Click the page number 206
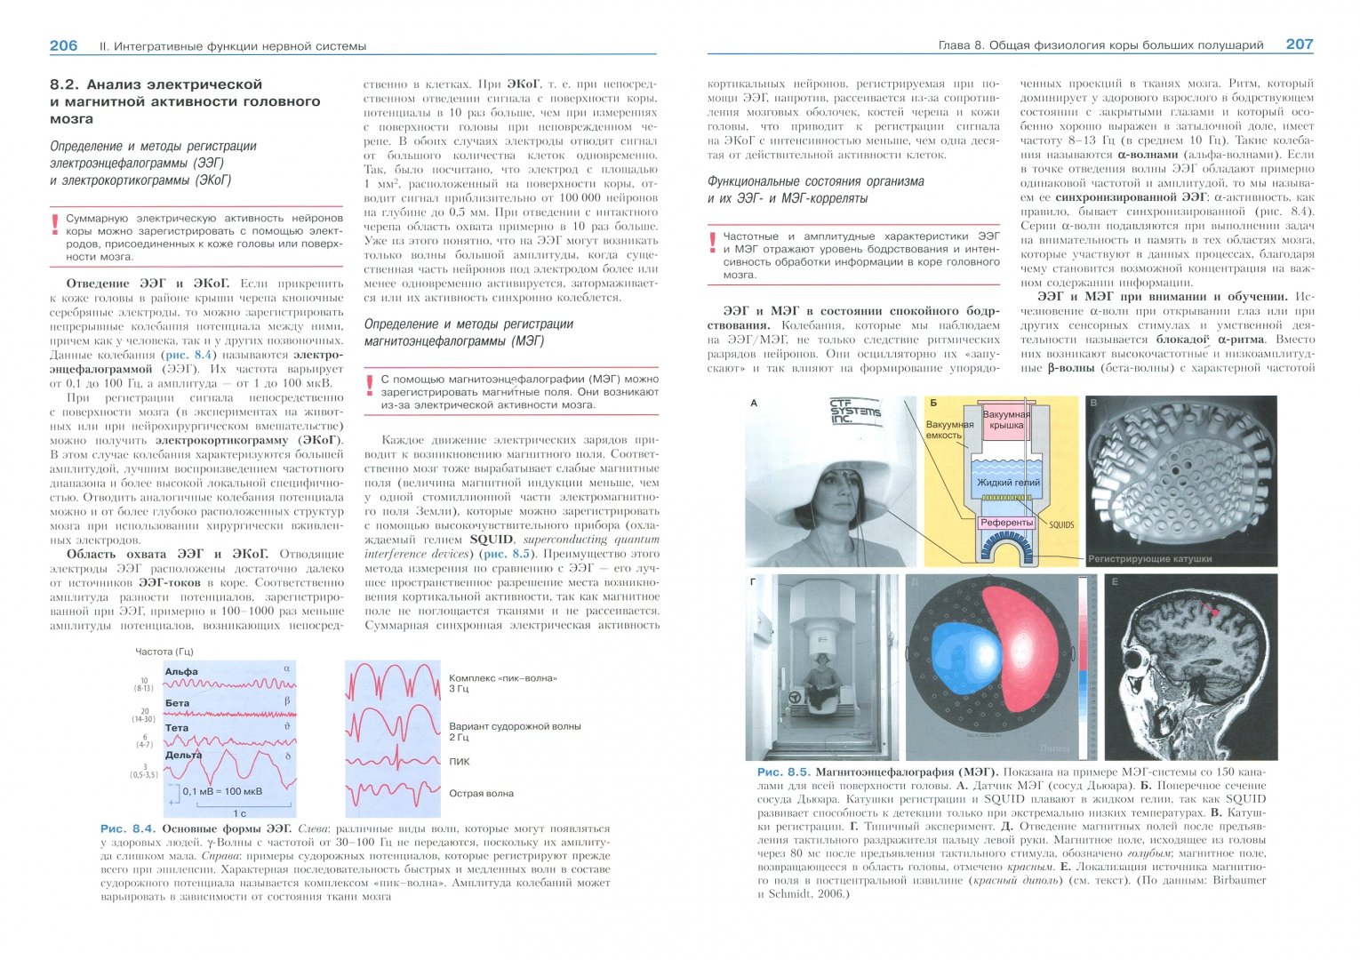tap(63, 45)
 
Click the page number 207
tap(1299, 44)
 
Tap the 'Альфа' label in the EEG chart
tap(181, 672)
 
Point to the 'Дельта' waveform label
tap(183, 755)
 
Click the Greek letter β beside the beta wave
tap(286, 700)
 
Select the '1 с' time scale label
tap(239, 812)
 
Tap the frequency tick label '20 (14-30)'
tap(144, 716)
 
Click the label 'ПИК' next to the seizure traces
tap(460, 762)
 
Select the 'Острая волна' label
tap(481, 794)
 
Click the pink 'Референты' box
tap(1007, 523)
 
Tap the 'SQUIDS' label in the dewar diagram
tap(1061, 524)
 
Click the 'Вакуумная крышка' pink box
tap(1007, 420)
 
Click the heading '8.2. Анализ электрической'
tap(156, 84)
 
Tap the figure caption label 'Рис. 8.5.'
tap(782, 772)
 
